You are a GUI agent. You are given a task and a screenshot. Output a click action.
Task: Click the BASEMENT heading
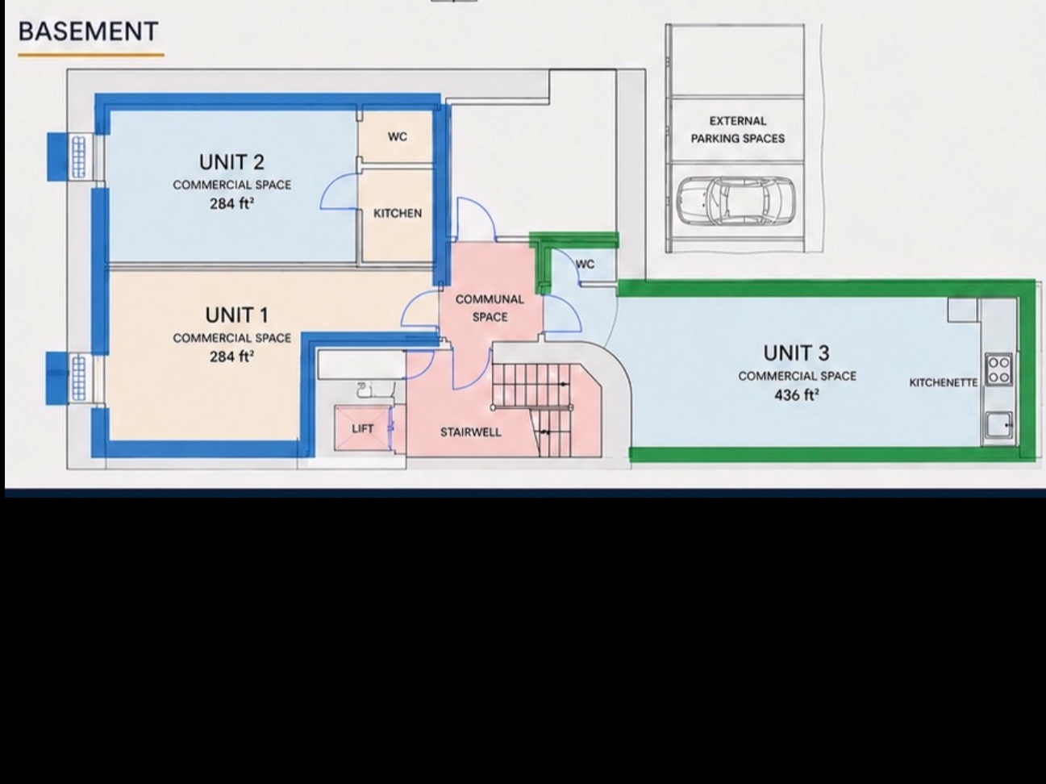(x=88, y=31)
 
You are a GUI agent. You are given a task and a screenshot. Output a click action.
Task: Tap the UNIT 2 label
(x=231, y=162)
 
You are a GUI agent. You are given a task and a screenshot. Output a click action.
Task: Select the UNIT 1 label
(x=237, y=315)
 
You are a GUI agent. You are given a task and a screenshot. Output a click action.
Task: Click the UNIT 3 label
(x=796, y=353)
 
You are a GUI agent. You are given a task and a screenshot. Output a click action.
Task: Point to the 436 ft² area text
(x=797, y=394)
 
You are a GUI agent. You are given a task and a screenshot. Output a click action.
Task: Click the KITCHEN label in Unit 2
(x=398, y=213)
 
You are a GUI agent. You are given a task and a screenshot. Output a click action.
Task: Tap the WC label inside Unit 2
(x=398, y=137)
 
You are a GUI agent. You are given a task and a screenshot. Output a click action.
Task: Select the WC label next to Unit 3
(x=586, y=264)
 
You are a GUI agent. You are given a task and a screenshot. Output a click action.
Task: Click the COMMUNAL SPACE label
(x=490, y=308)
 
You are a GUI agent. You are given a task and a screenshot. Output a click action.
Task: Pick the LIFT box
(x=362, y=428)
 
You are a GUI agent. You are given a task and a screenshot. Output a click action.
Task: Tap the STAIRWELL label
(x=471, y=432)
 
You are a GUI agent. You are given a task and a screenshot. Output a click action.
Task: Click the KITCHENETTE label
(x=944, y=382)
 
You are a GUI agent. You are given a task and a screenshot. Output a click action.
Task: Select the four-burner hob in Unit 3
(x=999, y=370)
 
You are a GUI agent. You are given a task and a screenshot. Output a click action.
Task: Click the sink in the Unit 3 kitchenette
(x=999, y=424)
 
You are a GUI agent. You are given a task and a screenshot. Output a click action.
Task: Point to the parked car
(x=736, y=201)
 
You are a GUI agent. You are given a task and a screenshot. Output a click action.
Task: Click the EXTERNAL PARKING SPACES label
(x=738, y=130)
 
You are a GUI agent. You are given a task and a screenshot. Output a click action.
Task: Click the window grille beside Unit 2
(x=79, y=156)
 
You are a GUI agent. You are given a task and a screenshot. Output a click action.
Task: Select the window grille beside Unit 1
(x=78, y=379)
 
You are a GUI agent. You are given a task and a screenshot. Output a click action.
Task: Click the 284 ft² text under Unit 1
(x=231, y=356)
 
